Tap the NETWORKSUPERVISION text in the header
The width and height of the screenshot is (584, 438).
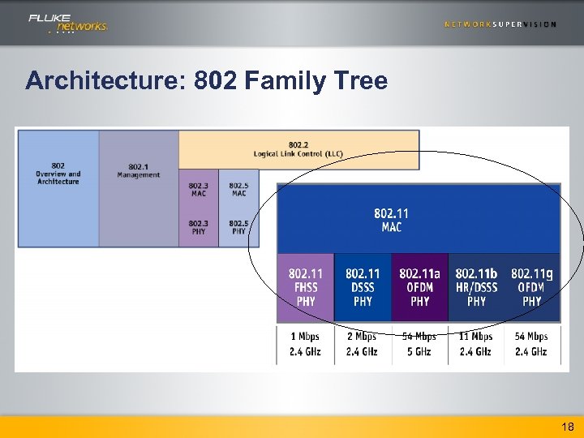500,24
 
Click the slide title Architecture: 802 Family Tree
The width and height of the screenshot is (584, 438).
206,81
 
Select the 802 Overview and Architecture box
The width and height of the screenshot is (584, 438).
58,174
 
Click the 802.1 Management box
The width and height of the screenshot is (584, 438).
139,171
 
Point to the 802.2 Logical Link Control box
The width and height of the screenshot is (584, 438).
298,149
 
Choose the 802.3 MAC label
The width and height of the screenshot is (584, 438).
199,190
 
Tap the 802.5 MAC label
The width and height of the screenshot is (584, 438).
238,190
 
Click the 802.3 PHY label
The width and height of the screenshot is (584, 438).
199,227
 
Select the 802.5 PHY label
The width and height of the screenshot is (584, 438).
238,227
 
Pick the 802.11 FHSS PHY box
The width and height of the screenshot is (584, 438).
306,287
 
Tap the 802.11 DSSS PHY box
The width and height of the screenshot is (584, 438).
363,287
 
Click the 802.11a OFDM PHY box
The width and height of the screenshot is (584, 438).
419,287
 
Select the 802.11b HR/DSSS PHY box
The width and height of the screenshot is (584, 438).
476,287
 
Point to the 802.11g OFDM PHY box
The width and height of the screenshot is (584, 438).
532,287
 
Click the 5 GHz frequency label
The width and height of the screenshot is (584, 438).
419,352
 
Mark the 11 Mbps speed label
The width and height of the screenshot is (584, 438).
476,337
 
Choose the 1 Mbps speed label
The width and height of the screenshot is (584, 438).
306,337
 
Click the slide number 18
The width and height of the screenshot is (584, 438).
567,427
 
